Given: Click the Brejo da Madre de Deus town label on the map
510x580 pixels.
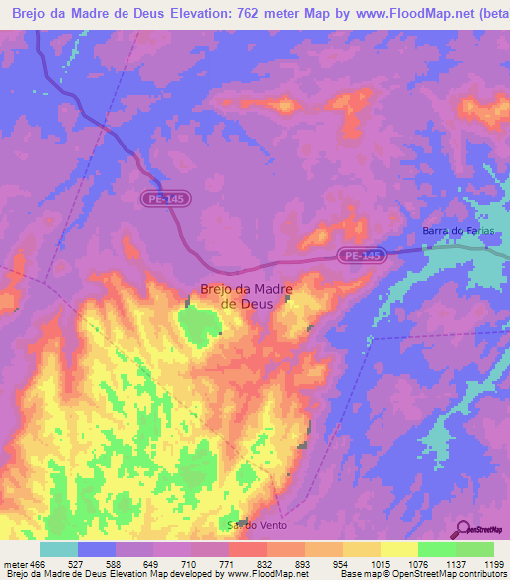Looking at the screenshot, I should (x=246, y=296).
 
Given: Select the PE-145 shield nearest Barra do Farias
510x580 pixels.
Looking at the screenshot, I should (x=361, y=256).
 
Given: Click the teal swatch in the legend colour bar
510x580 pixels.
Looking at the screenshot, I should (x=59, y=549).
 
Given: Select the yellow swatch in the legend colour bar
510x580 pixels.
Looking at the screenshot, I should (x=399, y=549).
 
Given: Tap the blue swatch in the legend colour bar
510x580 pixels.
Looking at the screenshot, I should (x=97, y=549).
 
